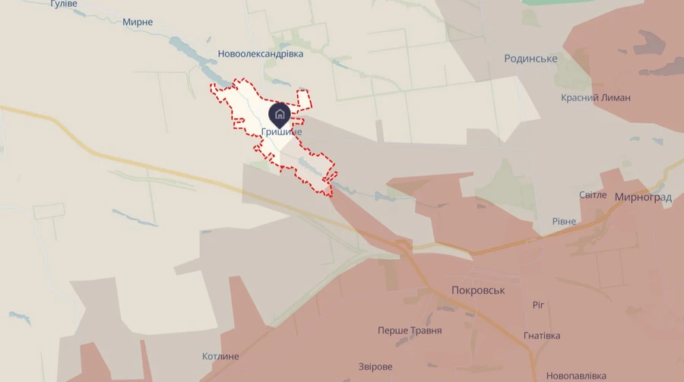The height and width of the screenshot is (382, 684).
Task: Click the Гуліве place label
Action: click(64, 4)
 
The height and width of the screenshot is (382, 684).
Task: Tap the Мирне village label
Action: click(138, 22)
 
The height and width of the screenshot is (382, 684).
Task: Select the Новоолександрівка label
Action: click(260, 54)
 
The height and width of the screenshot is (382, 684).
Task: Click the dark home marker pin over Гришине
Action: click(280, 115)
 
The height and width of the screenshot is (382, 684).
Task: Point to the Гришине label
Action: click(281, 132)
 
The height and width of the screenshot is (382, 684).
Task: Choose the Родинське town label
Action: click(530, 58)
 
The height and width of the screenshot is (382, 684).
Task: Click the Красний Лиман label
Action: click(596, 97)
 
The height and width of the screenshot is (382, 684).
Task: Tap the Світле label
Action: click(593, 195)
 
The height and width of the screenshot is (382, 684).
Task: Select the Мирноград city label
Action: click(643, 197)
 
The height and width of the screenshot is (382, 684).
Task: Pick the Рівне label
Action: click(564, 221)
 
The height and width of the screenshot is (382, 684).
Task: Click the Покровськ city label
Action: click(478, 290)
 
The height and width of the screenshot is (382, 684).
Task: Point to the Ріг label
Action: click(538, 305)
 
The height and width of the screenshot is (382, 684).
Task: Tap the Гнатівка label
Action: click(542, 336)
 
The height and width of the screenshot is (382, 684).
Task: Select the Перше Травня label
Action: click(410, 330)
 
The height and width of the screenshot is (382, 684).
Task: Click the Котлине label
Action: click(221, 356)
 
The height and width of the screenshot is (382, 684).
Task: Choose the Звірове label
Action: click(376, 366)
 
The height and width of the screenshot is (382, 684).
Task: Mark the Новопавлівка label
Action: click(576, 376)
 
